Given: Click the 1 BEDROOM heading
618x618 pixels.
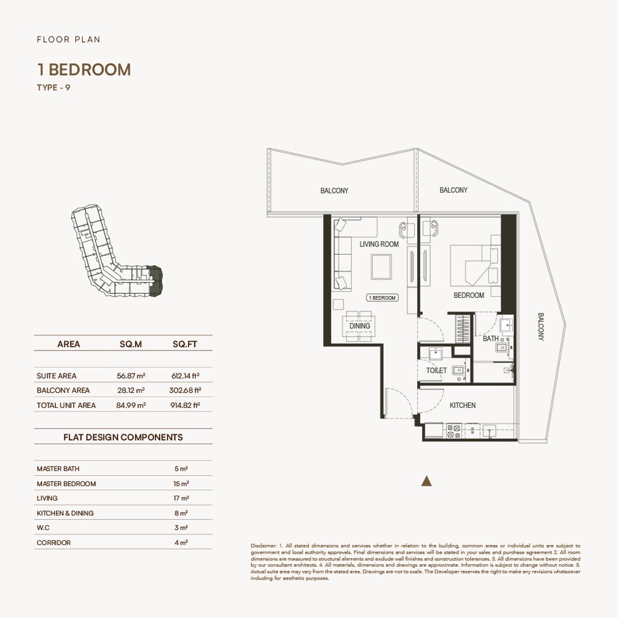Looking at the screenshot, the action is point(84,70).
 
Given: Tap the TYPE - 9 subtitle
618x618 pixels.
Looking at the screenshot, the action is point(54,88).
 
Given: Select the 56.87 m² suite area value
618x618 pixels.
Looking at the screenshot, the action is point(131,376).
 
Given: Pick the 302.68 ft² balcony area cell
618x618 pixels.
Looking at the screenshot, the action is point(185,390).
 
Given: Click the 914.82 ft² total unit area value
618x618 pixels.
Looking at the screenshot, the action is point(185,405).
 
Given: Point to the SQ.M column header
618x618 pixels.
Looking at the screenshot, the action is point(131,344).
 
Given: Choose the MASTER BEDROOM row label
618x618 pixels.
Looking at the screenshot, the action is point(66,484).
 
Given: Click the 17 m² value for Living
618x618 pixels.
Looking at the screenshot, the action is point(181,498).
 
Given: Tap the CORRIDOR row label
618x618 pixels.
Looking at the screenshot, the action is point(54,543).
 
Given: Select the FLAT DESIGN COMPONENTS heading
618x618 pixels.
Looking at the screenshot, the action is point(123,437).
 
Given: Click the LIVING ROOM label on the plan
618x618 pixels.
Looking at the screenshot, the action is point(379,244).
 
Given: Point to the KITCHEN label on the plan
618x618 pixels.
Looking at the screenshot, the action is point(463,405).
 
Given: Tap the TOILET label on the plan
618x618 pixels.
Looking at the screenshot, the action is point(436,370).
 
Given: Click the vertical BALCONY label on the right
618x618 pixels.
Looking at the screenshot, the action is point(541,327).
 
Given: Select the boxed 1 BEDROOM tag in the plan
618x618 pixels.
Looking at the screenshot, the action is point(382,298).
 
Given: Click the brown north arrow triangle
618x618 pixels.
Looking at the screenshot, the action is point(426,481).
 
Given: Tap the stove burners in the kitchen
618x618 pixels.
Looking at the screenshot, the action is point(454,431).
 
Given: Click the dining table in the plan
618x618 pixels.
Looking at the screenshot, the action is point(360,326).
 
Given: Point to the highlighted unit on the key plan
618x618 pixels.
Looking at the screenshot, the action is point(156,281).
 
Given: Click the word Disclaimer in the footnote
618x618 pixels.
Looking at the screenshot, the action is point(263,546).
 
